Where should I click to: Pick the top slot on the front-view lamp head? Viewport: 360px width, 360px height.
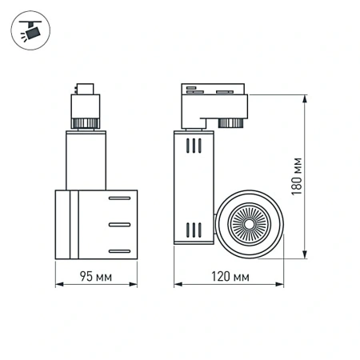119,197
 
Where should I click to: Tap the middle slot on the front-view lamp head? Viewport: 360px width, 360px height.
119,224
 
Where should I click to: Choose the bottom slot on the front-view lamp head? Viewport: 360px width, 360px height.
119,250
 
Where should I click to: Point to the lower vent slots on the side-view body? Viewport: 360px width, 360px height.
193,230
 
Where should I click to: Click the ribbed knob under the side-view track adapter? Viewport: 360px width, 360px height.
232,123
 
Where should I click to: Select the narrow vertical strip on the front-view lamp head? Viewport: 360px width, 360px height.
73,225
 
